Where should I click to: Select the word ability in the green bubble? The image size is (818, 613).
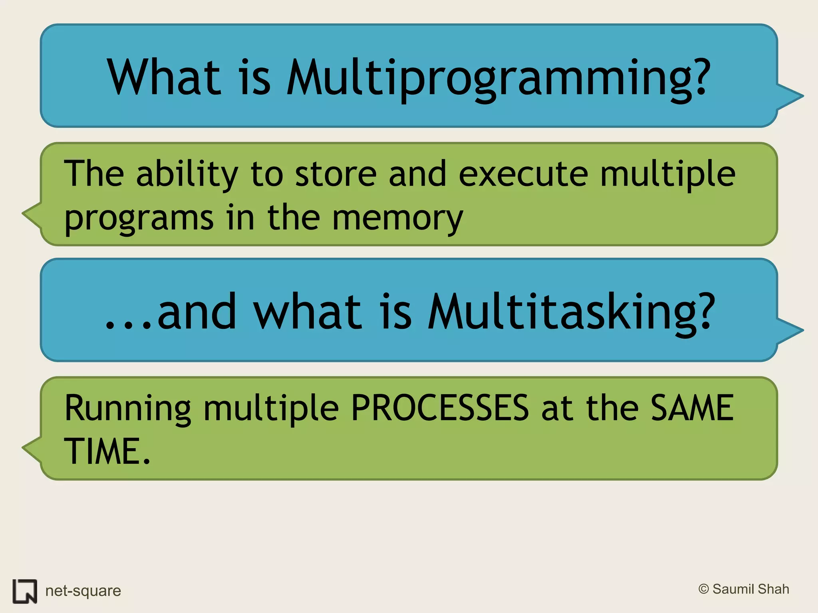coord(187,174)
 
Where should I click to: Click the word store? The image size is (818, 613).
coord(336,174)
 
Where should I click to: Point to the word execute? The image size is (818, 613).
coord(523,174)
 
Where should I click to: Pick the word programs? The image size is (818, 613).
coord(139,219)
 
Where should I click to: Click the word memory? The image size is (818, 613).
coord(397,219)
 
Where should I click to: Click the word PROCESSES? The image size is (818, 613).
coord(440,408)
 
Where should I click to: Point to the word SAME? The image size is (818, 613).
coord(692,408)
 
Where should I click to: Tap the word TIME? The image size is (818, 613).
coord(102,451)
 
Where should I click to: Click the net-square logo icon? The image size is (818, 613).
coord(25,591)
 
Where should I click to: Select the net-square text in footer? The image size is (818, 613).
coord(83,591)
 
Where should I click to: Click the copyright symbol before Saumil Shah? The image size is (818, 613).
coord(704,589)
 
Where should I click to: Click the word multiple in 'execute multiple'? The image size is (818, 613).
coord(667,174)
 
